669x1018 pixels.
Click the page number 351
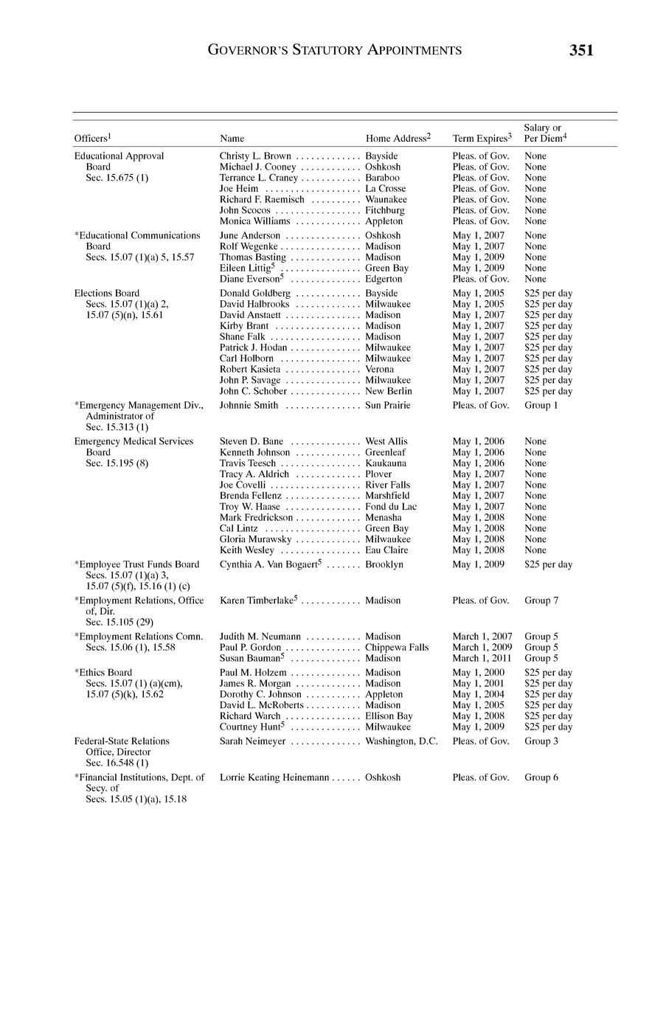tap(581, 50)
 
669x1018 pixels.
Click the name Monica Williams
tap(254, 221)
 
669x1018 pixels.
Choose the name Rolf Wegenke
tap(249, 246)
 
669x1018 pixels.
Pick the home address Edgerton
tap(384, 279)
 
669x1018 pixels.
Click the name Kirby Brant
tap(244, 326)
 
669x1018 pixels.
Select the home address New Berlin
tap(389, 391)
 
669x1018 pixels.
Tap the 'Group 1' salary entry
tap(541, 406)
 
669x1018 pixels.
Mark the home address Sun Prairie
tap(388, 406)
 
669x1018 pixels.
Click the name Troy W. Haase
tap(250, 507)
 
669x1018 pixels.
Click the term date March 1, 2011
tap(482, 658)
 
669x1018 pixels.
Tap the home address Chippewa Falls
tap(397, 648)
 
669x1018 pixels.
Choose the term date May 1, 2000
tap(478, 673)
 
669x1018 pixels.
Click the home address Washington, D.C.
tap(401, 741)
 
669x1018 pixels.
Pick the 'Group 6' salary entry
tap(541, 778)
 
